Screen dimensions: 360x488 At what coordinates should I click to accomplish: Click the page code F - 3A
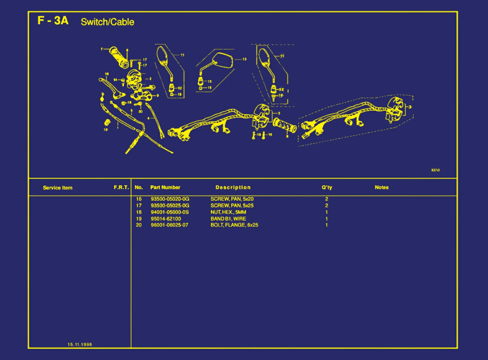click(x=53, y=21)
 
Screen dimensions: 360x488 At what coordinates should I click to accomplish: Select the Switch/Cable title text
click(x=107, y=22)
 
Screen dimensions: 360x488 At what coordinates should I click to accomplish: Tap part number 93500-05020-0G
click(x=170, y=199)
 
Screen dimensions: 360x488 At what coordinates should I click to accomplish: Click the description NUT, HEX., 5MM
click(x=228, y=212)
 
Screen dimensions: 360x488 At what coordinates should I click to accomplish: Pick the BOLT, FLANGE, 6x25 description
click(x=234, y=225)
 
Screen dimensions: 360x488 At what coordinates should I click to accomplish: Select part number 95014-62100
click(x=166, y=219)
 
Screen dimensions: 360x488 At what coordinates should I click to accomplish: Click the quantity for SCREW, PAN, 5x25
click(x=326, y=205)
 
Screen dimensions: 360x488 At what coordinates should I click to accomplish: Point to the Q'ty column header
click(x=327, y=188)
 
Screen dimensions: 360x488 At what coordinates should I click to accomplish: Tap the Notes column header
click(x=381, y=188)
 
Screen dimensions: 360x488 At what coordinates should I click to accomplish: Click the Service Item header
click(x=57, y=188)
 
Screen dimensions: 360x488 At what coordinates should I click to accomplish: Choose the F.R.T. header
click(x=121, y=188)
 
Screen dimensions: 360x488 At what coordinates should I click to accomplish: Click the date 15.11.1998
click(x=80, y=344)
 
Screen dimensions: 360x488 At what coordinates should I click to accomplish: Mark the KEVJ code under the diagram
click(x=435, y=170)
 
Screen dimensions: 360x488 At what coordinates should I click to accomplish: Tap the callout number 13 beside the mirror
click(x=244, y=59)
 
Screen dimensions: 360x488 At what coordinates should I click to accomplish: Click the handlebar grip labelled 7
click(x=118, y=57)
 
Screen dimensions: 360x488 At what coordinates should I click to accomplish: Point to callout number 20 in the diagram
click(x=141, y=111)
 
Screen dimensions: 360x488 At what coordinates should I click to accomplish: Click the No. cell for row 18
click(x=139, y=212)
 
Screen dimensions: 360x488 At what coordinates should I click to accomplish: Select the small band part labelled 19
click(x=107, y=122)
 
